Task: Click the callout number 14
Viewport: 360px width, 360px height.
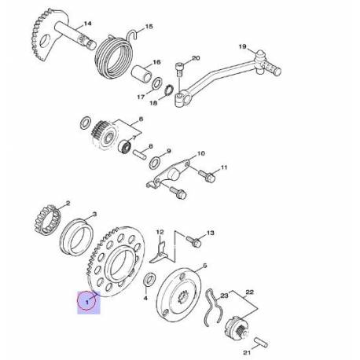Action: coord(87,24)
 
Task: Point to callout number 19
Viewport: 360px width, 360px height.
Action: coord(242,47)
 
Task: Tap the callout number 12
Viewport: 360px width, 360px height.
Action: coord(160,233)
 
